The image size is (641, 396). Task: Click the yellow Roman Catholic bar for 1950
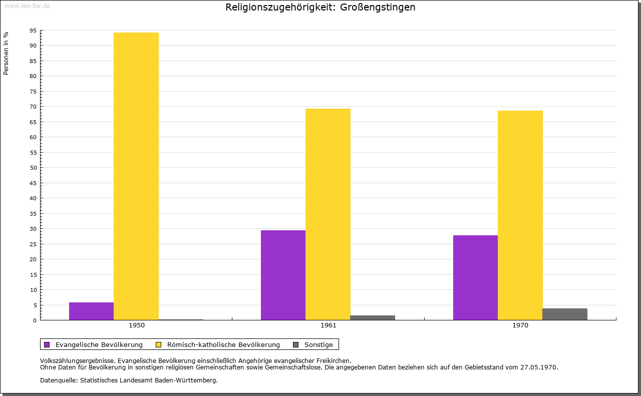[136, 176]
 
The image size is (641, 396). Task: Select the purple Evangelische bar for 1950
[92, 311]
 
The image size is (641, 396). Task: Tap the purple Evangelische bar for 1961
[283, 275]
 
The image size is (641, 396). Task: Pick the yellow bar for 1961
[328, 214]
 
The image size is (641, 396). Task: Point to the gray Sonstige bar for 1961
[373, 317]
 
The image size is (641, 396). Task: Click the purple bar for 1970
[476, 277]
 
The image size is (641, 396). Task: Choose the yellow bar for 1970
[520, 215]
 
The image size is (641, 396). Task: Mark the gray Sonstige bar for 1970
[565, 314]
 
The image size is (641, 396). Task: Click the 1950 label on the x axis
[137, 325]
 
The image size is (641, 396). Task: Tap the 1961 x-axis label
[329, 325]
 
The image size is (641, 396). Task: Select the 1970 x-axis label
[520, 325]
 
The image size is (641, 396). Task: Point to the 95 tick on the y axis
[33, 31]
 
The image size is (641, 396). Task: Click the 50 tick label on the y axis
[33, 168]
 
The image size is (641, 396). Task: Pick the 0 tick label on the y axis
[35, 320]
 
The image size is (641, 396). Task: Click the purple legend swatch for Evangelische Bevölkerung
[47, 345]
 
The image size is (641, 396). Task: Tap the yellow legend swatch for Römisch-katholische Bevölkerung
[158, 345]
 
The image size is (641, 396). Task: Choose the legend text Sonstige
[318, 345]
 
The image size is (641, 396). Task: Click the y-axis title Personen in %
[6, 54]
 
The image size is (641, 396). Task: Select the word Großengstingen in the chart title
[378, 8]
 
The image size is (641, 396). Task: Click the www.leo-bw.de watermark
[28, 6]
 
